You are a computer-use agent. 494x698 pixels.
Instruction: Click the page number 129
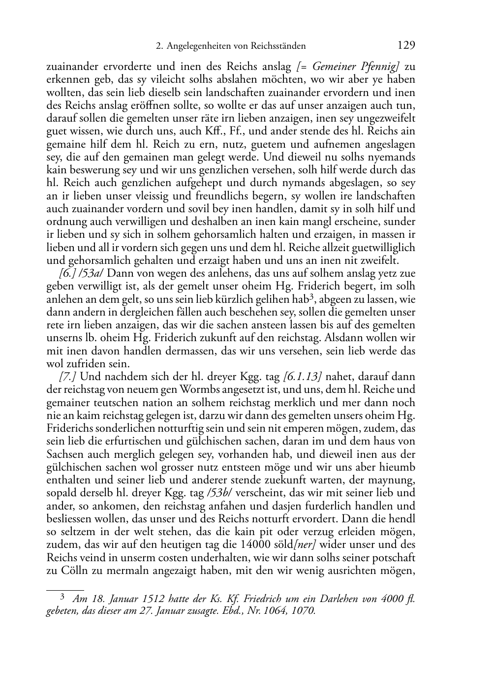[x=406, y=45]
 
